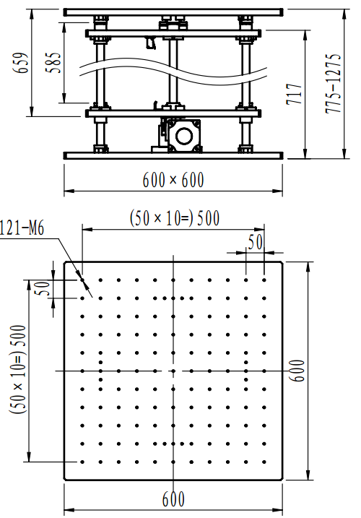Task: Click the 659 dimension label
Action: click(x=21, y=62)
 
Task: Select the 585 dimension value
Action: click(x=53, y=62)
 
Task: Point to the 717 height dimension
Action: click(x=295, y=94)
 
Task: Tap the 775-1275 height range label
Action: click(x=333, y=84)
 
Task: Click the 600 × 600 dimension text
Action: click(x=173, y=180)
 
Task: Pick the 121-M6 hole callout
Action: click(x=22, y=228)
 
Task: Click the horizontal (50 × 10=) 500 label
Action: click(x=175, y=218)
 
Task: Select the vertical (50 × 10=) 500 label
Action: click(x=18, y=369)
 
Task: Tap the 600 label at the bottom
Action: click(x=173, y=499)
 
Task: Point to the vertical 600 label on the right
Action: click(x=297, y=371)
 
